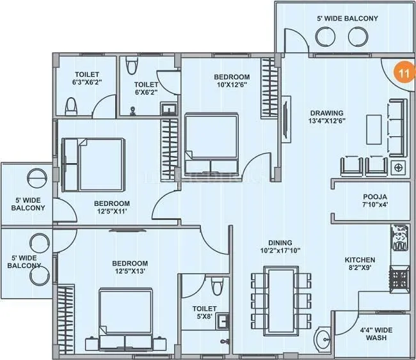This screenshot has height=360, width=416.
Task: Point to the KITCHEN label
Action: pos(360,264)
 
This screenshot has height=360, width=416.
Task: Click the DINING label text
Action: pos(280,247)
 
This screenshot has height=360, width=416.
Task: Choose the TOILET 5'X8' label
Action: pos(205,313)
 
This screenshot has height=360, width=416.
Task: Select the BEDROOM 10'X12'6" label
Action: pos(230,81)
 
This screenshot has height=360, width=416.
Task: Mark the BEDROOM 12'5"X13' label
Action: pos(130,267)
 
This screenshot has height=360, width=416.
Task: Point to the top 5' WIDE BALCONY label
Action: pos(347,19)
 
